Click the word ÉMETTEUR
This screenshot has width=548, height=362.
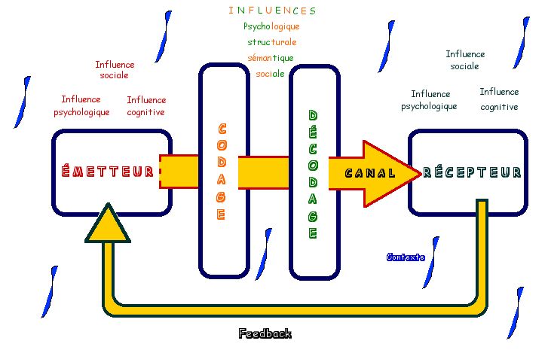(x=108, y=172)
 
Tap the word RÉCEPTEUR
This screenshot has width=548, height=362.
(x=472, y=172)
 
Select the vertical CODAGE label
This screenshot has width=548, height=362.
(x=222, y=172)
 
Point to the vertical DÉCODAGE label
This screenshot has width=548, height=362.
(x=313, y=175)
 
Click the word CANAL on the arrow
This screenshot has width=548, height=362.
(x=370, y=173)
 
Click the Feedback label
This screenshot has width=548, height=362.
(x=265, y=333)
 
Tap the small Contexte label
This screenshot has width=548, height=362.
(x=406, y=257)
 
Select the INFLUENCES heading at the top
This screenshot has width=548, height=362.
(x=272, y=11)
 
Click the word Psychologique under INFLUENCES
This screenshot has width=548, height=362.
(x=272, y=26)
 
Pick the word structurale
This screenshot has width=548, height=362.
(x=272, y=42)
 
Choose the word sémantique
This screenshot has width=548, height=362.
(x=271, y=58)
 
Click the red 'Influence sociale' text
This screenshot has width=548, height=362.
(x=115, y=70)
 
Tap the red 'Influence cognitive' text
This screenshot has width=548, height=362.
(x=146, y=106)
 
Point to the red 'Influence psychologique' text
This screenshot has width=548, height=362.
(x=81, y=106)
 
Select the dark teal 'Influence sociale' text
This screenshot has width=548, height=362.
(x=465, y=59)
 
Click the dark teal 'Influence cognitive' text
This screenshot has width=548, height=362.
(x=499, y=99)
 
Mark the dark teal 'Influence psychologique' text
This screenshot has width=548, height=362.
(x=430, y=100)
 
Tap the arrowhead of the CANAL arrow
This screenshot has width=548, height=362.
(x=396, y=173)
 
